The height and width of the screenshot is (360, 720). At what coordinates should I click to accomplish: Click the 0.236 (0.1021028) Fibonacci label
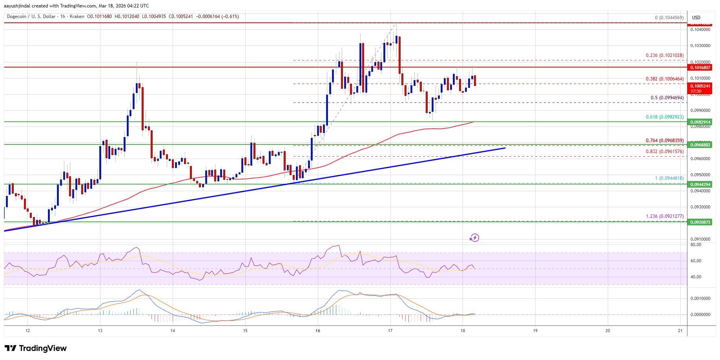pyautogui.click(x=665, y=55)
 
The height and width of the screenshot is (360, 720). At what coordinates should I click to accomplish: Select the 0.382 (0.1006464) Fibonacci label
pyautogui.click(x=665, y=79)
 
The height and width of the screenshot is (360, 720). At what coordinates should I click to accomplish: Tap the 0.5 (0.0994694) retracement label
pyautogui.click(x=667, y=98)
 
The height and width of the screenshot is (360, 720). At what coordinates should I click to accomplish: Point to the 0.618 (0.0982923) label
pyautogui.click(x=665, y=117)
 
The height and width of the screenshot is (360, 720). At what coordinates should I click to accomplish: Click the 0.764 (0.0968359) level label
pyautogui.click(x=665, y=141)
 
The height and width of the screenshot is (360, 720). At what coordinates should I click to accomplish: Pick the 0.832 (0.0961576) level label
pyautogui.click(x=665, y=152)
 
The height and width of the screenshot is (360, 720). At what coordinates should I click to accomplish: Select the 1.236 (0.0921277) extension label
pyautogui.click(x=665, y=216)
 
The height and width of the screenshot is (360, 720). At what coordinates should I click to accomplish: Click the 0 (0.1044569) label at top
pyautogui.click(x=669, y=18)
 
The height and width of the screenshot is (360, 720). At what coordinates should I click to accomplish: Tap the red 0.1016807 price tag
pyautogui.click(x=700, y=68)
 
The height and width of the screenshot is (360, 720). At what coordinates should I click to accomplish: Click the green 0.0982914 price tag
pyautogui.click(x=700, y=122)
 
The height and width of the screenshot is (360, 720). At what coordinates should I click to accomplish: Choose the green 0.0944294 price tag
pyautogui.click(x=700, y=185)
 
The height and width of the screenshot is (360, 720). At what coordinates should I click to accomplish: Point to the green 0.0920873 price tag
pyautogui.click(x=700, y=222)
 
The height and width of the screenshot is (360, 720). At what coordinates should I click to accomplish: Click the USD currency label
pyautogui.click(x=696, y=18)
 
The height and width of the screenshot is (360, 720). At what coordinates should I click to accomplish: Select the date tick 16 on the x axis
pyautogui.click(x=318, y=331)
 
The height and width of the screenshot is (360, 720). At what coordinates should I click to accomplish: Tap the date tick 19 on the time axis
pyautogui.click(x=535, y=331)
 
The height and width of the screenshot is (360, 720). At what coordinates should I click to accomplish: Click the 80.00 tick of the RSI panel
pyautogui.click(x=696, y=245)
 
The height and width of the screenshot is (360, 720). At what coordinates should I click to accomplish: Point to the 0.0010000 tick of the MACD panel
pyautogui.click(x=700, y=298)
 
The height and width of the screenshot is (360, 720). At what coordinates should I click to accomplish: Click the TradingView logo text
pyautogui.click(x=42, y=348)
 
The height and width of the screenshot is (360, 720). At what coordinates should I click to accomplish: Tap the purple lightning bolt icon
pyautogui.click(x=474, y=238)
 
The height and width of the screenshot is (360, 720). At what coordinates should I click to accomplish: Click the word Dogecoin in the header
pyautogui.click(x=16, y=16)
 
